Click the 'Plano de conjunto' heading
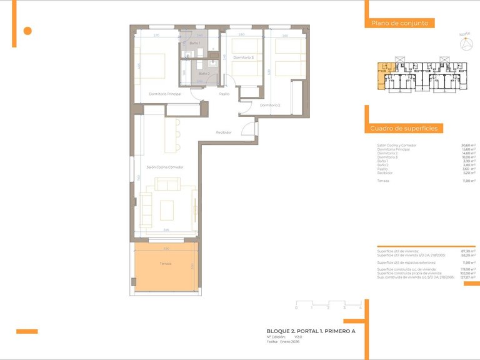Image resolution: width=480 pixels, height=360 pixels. (399, 23)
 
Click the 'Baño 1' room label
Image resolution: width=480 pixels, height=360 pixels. (195, 42)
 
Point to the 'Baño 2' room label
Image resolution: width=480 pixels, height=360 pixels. (204, 74)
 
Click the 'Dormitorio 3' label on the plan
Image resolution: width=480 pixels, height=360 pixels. (243, 57)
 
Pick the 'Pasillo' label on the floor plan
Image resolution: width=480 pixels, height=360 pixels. (224, 94)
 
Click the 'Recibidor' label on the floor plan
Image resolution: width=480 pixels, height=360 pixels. (224, 132)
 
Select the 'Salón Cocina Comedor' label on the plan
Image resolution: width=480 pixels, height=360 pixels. (165, 167)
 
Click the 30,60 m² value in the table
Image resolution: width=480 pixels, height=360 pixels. (469, 146)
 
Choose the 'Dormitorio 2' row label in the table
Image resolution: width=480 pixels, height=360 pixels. (388, 153)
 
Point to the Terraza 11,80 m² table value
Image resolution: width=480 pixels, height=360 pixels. (469, 181)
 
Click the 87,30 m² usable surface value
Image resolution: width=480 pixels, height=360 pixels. (469, 251)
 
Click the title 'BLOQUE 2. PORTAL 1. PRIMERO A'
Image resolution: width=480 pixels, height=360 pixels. (311, 331)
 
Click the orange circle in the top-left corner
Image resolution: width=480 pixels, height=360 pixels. (27, 31)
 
